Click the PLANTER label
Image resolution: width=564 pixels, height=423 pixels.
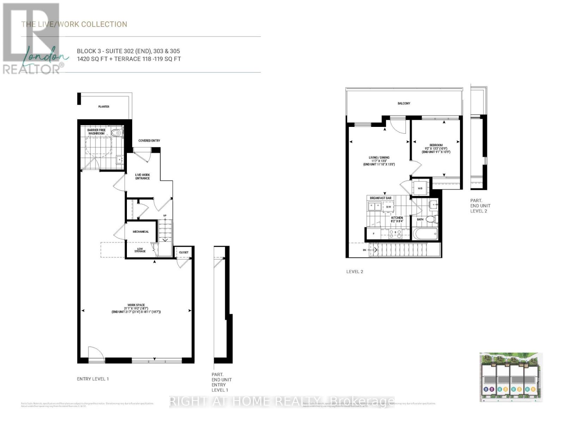coord(104,106)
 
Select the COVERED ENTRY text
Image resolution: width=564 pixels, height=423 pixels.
coord(149,141)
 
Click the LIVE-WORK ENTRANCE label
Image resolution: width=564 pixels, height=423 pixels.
coord(142,176)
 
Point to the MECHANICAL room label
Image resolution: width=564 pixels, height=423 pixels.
coord(141,232)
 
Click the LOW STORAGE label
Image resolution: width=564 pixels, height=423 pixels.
coord(140,250)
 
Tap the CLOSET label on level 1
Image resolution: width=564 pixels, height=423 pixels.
coord(184,252)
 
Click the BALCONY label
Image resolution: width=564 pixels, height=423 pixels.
coord(404,103)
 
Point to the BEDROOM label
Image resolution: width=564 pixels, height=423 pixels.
coord(436,145)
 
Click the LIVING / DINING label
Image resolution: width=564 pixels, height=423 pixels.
coord(379,158)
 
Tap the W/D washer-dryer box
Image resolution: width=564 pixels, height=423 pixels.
coord(420,188)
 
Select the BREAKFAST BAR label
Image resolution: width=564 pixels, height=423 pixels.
coord(381,198)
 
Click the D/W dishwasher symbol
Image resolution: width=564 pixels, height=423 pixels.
coord(389,207)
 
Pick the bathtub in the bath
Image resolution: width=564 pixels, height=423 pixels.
coord(426,234)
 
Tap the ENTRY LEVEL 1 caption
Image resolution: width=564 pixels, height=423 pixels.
coord(93,379)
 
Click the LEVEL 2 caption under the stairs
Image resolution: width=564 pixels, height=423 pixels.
coord(354,271)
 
